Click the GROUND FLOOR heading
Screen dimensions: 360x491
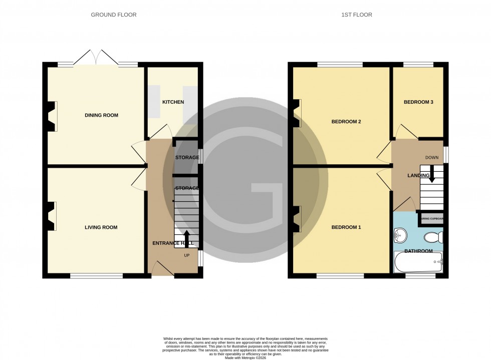click(x=113, y=15)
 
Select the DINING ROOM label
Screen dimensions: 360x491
click(x=101, y=115)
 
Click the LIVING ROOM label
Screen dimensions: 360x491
click(x=101, y=227)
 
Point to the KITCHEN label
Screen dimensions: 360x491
click(x=173, y=102)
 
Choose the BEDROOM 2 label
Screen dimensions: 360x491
click(x=346, y=122)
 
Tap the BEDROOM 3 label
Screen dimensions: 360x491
click(x=418, y=102)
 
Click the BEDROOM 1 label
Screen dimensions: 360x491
click(x=346, y=227)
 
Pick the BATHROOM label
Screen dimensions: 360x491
click(x=418, y=251)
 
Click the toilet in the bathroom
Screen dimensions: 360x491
click(x=432, y=236)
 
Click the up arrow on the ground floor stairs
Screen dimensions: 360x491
click(x=186, y=237)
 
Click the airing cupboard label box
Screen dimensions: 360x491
click(x=431, y=219)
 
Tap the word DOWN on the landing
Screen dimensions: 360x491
click(x=431, y=158)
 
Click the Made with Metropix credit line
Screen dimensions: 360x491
click(x=245, y=357)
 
